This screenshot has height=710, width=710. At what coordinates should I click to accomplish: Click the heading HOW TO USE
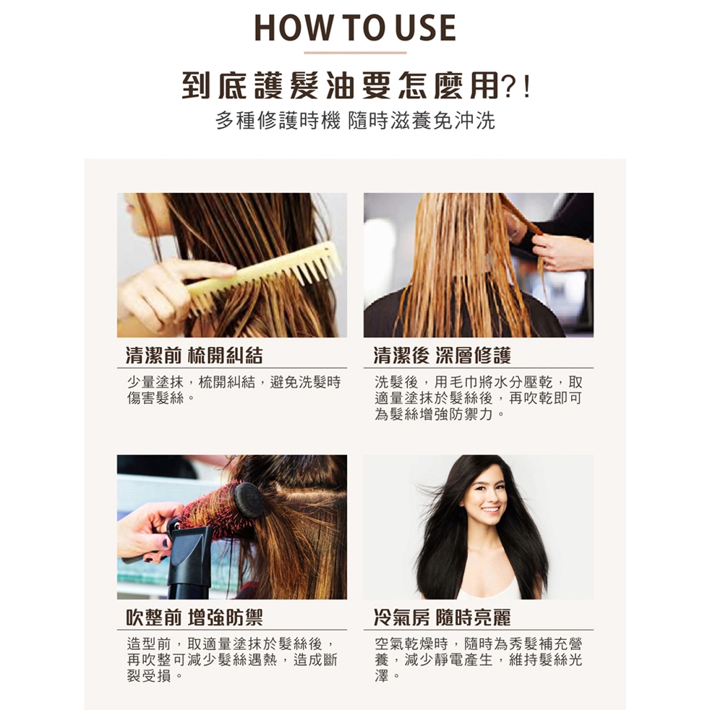[355, 27]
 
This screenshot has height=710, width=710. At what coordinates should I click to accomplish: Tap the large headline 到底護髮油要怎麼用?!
[356, 85]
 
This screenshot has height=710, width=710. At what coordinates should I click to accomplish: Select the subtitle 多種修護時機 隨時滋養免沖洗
[356, 121]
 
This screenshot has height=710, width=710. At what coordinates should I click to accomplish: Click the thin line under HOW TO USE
[355, 53]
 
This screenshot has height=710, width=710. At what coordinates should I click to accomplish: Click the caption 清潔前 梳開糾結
[194, 356]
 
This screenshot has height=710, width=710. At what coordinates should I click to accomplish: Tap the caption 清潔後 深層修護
[442, 356]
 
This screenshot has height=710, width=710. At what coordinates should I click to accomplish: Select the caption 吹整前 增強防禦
[194, 617]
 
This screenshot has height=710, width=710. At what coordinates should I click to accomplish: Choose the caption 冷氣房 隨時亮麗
[442, 617]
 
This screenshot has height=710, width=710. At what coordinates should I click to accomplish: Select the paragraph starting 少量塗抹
[234, 390]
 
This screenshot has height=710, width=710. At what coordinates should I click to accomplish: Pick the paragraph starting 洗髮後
[478, 398]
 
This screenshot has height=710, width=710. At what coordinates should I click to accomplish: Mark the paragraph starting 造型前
[232, 659]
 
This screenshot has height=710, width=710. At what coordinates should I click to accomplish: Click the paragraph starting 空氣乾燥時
[478, 659]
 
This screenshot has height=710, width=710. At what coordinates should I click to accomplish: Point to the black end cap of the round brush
[249, 500]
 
